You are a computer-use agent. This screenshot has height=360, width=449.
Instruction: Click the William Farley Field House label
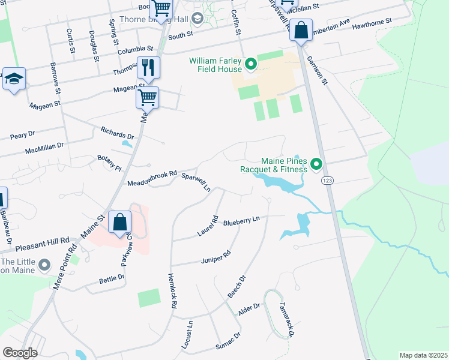coord(215,65)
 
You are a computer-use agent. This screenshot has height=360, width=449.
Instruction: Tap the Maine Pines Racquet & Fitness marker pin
coord(316,164)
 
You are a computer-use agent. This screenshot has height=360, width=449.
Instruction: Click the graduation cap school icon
coord(13,79)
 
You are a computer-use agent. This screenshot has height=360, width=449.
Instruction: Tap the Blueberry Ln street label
coord(241,221)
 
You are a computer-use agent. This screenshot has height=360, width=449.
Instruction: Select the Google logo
coord(20,353)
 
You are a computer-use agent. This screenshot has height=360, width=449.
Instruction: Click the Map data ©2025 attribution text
coord(423,355)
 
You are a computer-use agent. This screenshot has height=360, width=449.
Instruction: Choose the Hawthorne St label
coord(372,22)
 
